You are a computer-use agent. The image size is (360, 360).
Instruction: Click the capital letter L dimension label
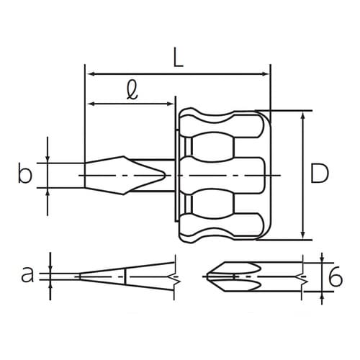pos(178,58)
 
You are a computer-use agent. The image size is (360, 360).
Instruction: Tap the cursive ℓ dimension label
pos(132,90)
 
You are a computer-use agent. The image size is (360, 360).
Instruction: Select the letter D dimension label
pos(319,173)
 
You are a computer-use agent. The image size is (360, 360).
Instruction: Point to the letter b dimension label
pos(25,173)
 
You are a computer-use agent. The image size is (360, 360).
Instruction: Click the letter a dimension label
pos(27,275)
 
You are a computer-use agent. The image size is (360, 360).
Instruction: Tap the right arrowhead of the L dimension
pos(265,74)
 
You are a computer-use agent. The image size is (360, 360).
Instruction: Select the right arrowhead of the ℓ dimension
pos(170,104)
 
